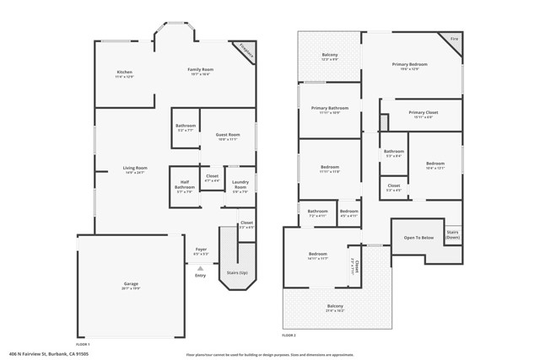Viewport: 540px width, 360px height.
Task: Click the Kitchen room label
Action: pos(124,73)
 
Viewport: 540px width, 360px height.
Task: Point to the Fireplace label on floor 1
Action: pos(246,50)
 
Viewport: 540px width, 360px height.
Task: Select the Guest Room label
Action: pos(228,135)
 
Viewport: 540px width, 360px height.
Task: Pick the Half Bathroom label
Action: pos(184,186)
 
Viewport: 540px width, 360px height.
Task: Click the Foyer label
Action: pos(201,250)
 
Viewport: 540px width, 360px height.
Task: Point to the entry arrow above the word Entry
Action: pos(200,266)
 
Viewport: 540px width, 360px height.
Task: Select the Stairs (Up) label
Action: pos(237,273)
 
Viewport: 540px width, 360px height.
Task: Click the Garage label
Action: pos(131,284)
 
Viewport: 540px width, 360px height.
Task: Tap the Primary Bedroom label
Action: pos(411,65)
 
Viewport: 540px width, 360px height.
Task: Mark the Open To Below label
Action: pos(418,238)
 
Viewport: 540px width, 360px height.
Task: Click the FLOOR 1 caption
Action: pos(83,344)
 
